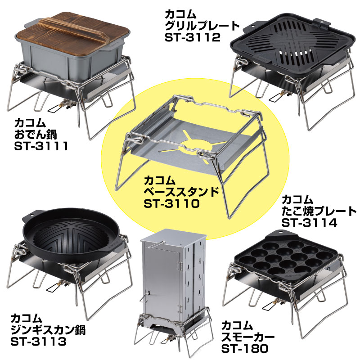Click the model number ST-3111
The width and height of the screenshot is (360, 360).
click(x=41, y=146)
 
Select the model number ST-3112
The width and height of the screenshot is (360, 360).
click(x=193, y=37)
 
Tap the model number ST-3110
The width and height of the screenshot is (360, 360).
click(x=171, y=203)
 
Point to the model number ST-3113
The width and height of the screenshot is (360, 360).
click(x=38, y=342)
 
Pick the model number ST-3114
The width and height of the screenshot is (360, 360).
click(x=309, y=222)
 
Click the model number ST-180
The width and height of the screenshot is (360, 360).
click(x=245, y=348)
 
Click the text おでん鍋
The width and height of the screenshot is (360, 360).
click(x=36, y=134)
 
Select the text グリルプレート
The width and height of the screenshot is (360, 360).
click(x=202, y=26)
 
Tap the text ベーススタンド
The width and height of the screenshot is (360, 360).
click(x=181, y=192)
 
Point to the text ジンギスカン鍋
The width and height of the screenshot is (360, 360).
click(x=48, y=330)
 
